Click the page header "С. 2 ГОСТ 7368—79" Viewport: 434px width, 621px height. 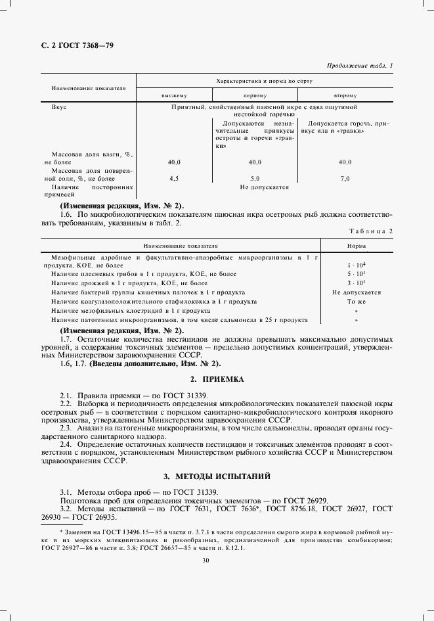pyautogui.click(x=77, y=46)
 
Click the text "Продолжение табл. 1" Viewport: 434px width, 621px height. pyautogui.click(x=359, y=66)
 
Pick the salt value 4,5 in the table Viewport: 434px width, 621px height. pyautogui.click(x=175, y=178)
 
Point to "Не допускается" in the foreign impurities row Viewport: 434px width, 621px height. pyautogui.click(x=264, y=187)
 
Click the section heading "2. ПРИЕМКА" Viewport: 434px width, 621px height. pyautogui.click(x=217, y=380)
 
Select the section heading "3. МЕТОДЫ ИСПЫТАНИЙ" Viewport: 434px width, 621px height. pyautogui.click(x=217, y=475)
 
